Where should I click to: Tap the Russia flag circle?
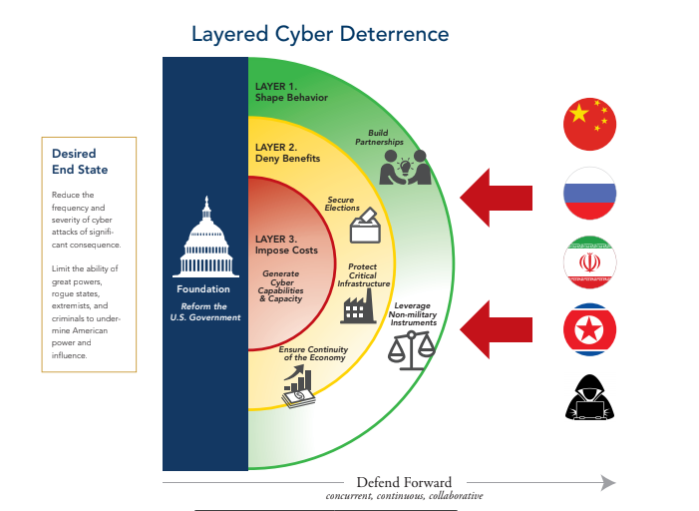[590, 194]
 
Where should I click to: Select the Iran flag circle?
[590, 262]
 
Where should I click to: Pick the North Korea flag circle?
[590, 330]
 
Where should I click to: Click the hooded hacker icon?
[590, 397]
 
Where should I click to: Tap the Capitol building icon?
[204, 239]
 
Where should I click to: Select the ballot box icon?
[365, 226]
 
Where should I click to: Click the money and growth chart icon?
[298, 387]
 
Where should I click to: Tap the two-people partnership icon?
[405, 167]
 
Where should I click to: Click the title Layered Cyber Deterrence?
[320, 34]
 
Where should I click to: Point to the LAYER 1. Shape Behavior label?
[291, 92]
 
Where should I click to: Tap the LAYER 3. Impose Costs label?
[286, 245]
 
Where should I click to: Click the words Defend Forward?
[404, 482]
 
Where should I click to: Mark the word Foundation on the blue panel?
[203, 289]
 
